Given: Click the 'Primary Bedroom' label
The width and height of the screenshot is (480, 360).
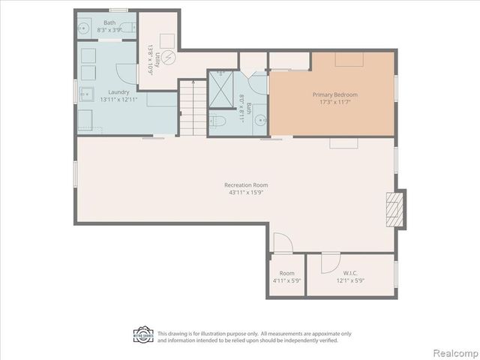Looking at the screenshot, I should click(334, 95).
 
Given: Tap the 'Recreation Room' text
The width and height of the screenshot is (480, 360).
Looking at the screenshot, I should click(245, 184).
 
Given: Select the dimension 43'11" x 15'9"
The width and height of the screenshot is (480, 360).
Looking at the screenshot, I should click(245, 193).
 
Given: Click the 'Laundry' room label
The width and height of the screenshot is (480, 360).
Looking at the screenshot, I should click(108, 92).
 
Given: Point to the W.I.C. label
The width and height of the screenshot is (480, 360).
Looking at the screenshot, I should click(350, 273).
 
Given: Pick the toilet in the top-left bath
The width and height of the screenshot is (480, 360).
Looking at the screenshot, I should click(129, 28).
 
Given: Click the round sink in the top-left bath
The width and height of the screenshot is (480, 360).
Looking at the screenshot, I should click(84, 28).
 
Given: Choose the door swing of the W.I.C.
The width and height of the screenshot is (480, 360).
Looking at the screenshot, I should click(330, 263).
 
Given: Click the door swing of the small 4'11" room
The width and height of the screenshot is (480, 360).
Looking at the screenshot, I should click(282, 243).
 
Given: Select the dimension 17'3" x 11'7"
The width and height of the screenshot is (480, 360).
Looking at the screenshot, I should click(334, 103).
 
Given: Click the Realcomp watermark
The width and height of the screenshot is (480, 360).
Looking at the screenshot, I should click(454, 352).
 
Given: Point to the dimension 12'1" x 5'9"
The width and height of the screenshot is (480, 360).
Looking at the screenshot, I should click(350, 281).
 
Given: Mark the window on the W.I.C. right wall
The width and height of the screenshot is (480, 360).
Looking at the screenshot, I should click(395, 274).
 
